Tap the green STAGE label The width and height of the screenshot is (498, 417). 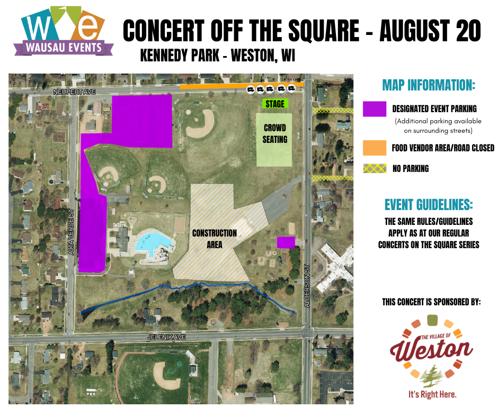pos(275,104)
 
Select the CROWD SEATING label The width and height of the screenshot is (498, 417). pos(274,134)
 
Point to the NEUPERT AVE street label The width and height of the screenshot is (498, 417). pos(74,92)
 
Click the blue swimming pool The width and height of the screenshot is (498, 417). pos(153,243)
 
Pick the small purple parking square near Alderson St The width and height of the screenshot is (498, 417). pos(286,242)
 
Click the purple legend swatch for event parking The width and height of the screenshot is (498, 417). pos(375,109)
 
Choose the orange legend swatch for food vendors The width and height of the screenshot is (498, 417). pos(375,148)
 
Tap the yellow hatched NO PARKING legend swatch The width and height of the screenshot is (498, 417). pos(375,169)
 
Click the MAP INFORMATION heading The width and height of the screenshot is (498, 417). pos(429,85)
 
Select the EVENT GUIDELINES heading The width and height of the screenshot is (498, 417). pos(429,205)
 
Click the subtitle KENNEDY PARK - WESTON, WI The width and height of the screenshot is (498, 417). pos(217,56)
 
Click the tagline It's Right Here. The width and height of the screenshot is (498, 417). pos(432,395)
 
